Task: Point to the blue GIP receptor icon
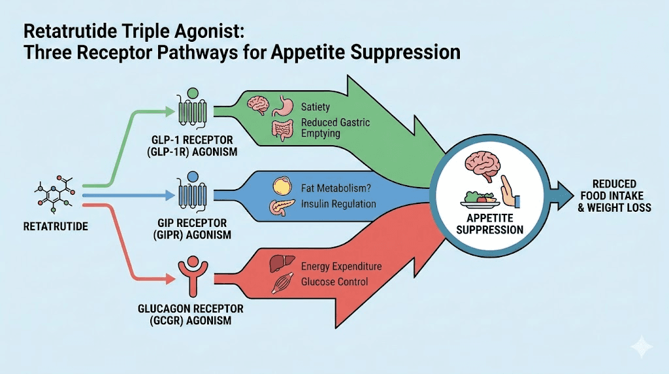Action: tap(191, 190)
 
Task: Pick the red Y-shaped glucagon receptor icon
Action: tap(190, 275)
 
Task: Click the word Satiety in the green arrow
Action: tap(316, 107)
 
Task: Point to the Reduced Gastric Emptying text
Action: tap(334, 128)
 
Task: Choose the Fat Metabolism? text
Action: tap(336, 188)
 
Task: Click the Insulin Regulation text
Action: tap(338, 204)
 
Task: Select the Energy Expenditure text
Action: tap(341, 267)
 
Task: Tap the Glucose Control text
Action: tap(334, 282)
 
